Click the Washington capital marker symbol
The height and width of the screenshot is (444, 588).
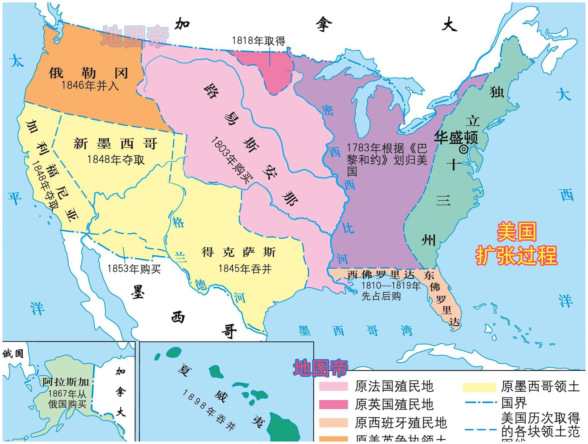(463, 149)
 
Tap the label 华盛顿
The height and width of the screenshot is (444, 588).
(456, 137)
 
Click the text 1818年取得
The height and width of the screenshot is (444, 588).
(258, 41)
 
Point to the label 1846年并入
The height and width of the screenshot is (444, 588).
(90, 86)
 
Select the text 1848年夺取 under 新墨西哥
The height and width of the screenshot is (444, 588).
(116, 160)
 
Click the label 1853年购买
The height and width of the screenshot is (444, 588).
(134, 269)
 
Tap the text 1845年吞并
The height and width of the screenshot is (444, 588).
(245, 269)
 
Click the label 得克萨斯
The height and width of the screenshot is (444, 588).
(238, 252)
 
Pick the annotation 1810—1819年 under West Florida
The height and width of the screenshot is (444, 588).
(391, 285)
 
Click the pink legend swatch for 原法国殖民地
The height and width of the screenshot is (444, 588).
(333, 387)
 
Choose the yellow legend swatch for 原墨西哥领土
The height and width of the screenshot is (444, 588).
(479, 387)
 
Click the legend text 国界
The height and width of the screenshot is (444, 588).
(514, 403)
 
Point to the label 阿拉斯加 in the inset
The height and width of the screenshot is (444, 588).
(66, 382)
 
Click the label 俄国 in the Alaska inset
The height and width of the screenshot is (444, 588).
(13, 354)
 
